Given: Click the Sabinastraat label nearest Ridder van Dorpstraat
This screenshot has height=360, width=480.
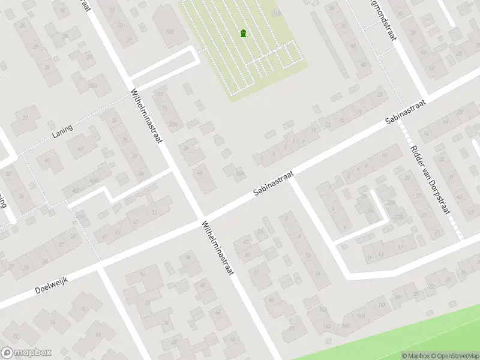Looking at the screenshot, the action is [405, 112].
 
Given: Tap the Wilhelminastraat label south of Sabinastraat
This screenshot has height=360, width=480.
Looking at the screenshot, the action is [217, 248].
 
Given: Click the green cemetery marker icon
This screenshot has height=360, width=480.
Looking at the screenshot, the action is [243, 34].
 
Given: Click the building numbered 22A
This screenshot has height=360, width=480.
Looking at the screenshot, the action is [92, 86].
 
